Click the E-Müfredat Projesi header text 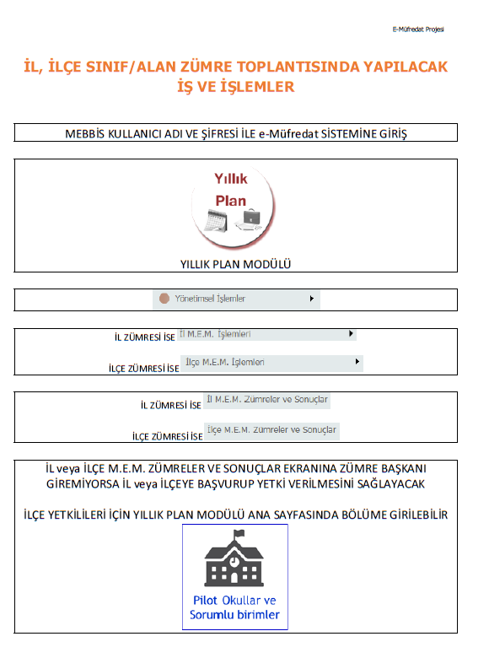(x=418, y=29)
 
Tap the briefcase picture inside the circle (x=251, y=219)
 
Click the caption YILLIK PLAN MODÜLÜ (x=235, y=264)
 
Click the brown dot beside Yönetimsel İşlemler (x=164, y=299)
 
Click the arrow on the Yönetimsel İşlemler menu (x=312, y=299)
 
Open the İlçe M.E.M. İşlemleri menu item (x=225, y=363)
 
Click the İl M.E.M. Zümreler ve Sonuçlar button (x=268, y=400)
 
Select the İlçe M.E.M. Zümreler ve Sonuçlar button (x=271, y=430)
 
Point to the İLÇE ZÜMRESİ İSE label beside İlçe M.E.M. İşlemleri (x=144, y=369)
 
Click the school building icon (x=235, y=558)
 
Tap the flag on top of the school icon (x=239, y=533)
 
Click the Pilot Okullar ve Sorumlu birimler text (x=235, y=607)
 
